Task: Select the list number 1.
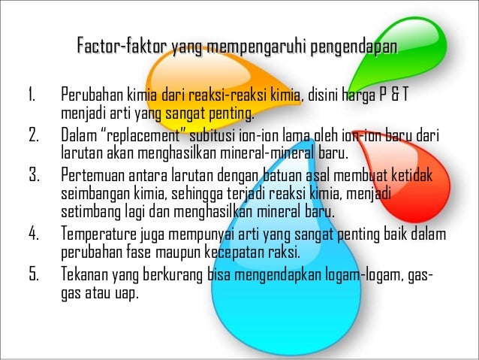click(32, 97)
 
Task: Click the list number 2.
click(33, 136)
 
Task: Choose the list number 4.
click(33, 231)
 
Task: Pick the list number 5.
click(33, 272)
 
